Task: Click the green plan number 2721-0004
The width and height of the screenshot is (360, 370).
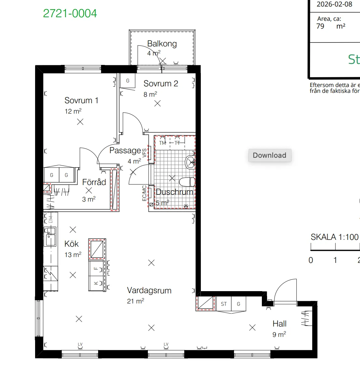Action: [70, 14]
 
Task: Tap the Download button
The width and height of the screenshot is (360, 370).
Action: [270, 155]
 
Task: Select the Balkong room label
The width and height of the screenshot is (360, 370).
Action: [162, 44]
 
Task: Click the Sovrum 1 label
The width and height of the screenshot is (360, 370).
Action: [81, 101]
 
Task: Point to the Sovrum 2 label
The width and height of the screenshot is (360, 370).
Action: [161, 84]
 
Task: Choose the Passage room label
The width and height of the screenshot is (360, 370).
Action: [125, 151]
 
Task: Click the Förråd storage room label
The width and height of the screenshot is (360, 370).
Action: [94, 182]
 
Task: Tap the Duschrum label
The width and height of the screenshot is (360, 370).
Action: [174, 192]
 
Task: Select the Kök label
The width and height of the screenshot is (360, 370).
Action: [71, 244]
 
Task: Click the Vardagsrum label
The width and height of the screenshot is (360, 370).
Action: [149, 290]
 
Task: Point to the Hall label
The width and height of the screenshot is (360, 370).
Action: [279, 324]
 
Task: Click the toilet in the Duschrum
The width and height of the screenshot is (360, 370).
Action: [187, 182]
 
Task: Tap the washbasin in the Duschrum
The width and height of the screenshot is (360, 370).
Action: [190, 162]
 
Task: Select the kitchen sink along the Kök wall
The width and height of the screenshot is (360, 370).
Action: [50, 237]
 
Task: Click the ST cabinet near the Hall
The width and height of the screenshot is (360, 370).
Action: [224, 304]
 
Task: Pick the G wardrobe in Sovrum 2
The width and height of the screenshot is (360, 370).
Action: [128, 81]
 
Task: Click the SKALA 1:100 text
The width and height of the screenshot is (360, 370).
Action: [334, 237]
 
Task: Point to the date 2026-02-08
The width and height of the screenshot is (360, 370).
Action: [334, 5]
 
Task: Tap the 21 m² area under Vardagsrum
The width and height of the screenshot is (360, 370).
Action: [135, 301]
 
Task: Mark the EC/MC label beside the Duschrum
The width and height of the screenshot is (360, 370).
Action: [144, 193]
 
